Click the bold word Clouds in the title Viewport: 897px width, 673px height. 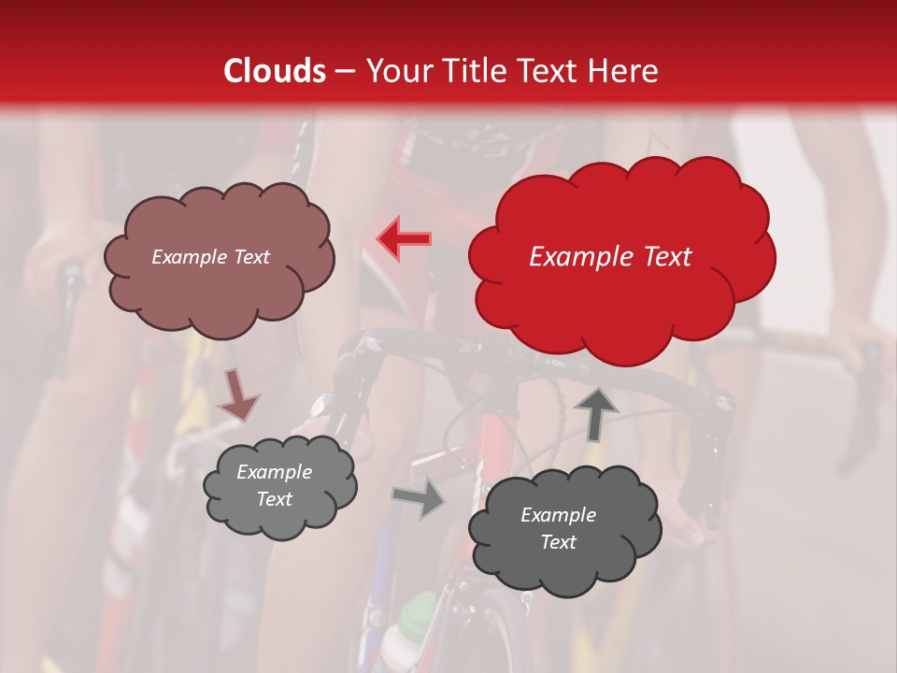(x=275, y=71)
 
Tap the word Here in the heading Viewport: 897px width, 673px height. (x=625, y=71)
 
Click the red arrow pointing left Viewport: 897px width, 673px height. (x=405, y=238)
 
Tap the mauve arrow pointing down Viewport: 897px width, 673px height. (x=237, y=394)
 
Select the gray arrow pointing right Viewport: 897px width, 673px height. (x=418, y=498)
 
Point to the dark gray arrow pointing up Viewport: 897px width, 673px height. (x=596, y=412)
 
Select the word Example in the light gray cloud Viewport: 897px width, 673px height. (x=274, y=472)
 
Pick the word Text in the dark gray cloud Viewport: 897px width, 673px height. (x=558, y=542)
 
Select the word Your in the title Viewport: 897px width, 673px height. (x=393, y=71)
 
